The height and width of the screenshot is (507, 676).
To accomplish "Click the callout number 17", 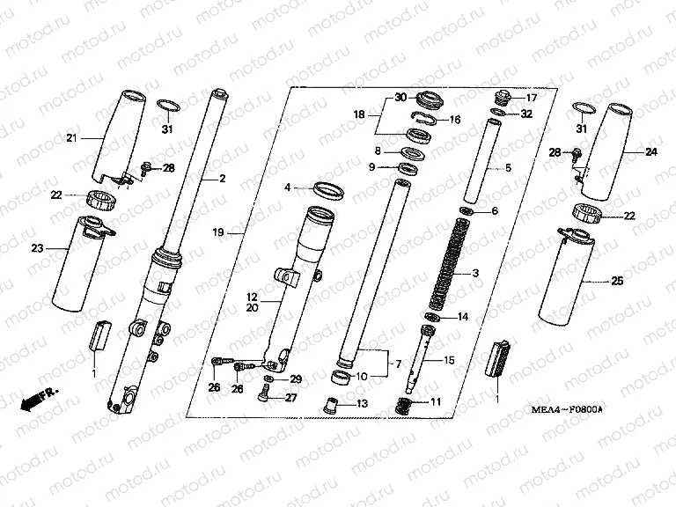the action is [532, 98].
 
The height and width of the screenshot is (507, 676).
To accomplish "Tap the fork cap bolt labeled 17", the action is [503, 97].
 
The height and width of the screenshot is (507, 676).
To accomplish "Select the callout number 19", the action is [218, 232].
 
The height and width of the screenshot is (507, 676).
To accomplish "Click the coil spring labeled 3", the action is [447, 266].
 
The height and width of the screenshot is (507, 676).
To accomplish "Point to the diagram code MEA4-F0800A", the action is [567, 409].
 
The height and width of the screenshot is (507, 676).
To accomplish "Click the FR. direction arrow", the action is [38, 400].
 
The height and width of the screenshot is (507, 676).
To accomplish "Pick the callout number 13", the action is [362, 403].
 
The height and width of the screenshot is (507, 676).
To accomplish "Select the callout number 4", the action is [288, 187].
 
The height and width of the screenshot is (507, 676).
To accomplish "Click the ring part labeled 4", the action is [328, 191].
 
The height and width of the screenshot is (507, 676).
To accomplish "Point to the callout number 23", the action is [38, 248].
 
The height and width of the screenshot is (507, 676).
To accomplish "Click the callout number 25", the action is [617, 281].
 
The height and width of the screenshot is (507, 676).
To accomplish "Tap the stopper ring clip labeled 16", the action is [423, 117].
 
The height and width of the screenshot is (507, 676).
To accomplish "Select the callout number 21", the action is [71, 138].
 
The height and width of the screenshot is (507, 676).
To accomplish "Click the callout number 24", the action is [651, 151].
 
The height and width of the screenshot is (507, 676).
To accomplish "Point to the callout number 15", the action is [449, 359].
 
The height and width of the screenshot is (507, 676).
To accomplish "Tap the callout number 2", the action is [223, 178].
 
